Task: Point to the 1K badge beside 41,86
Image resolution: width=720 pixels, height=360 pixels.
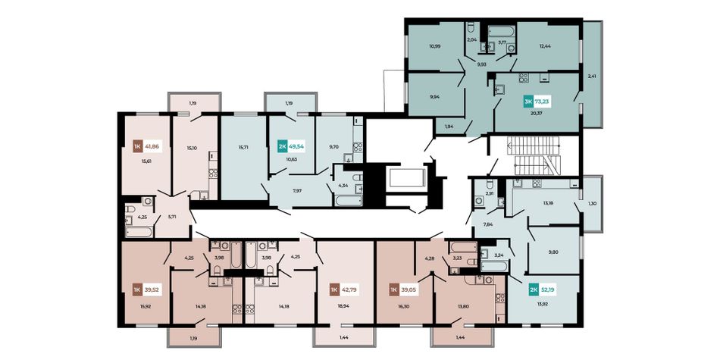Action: coord(137,147)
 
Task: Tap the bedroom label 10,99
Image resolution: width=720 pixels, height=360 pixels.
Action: coord(435,46)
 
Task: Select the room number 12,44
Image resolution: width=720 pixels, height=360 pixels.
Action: coord(545,46)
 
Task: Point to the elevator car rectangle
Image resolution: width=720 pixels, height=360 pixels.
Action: coord(407,178)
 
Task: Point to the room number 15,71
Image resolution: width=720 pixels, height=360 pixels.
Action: coord(244,147)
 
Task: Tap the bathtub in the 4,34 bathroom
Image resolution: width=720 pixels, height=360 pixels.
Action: coord(349,200)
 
